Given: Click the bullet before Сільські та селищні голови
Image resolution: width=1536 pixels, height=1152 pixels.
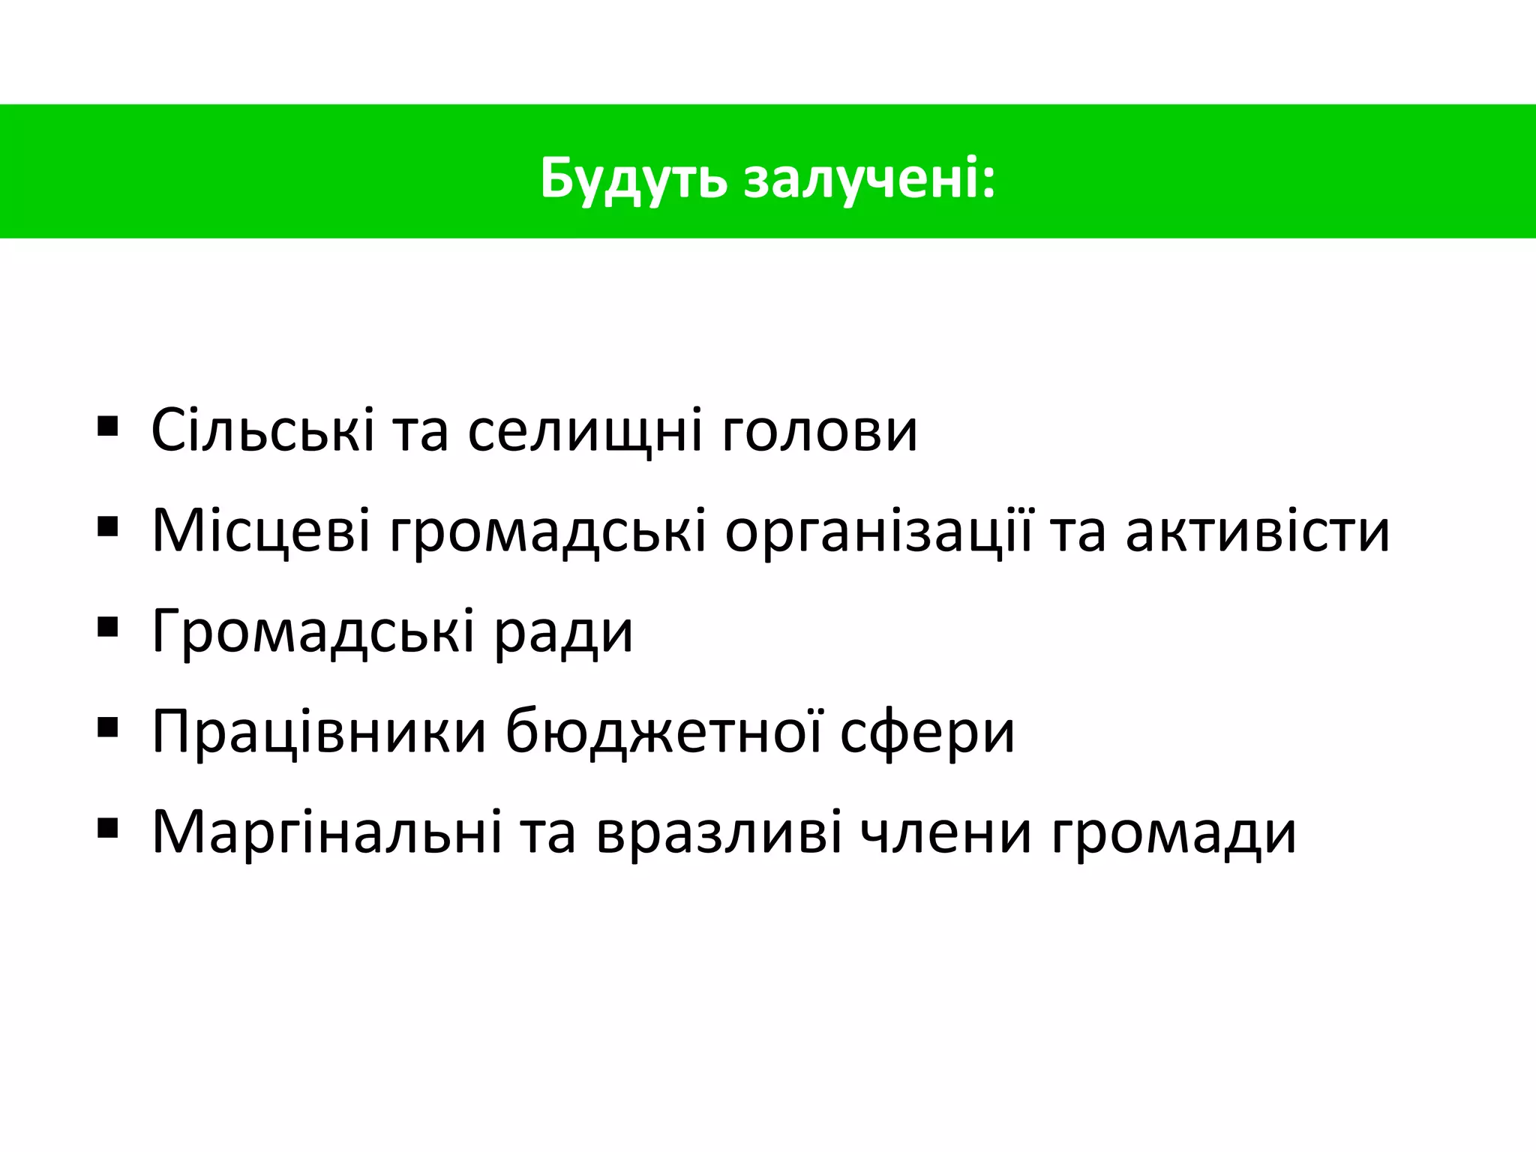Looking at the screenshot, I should tap(108, 427).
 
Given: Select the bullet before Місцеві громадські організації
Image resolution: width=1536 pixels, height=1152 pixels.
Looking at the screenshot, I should tap(108, 528).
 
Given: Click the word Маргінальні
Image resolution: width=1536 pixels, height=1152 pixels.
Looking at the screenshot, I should tap(327, 832).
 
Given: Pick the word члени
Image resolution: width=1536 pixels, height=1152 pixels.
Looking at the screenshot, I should tap(945, 832).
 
